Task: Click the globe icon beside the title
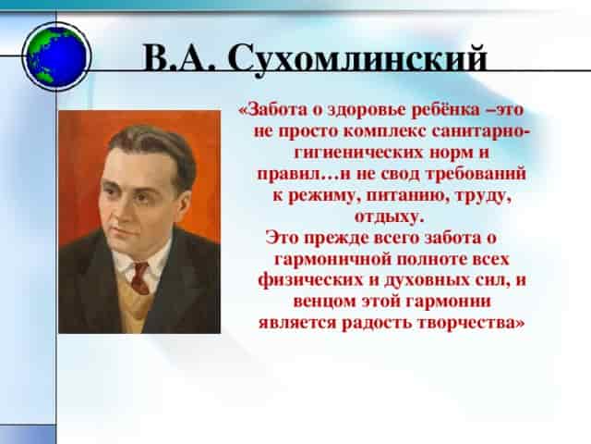coord(56,56)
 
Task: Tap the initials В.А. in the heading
coord(179,58)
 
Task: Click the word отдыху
coord(390,217)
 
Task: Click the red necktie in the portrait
coord(140,277)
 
